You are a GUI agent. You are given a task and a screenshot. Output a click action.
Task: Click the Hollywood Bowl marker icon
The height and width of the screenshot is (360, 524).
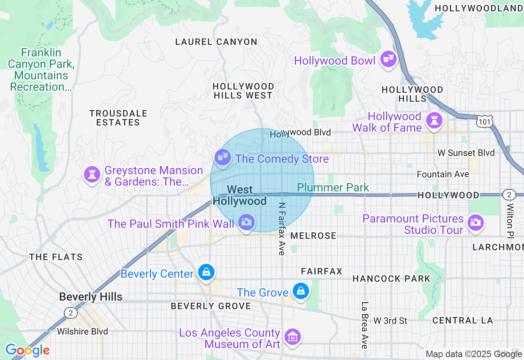[x=388, y=60]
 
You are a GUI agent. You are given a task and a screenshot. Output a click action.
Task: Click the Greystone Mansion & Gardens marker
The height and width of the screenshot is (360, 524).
[x=92, y=175]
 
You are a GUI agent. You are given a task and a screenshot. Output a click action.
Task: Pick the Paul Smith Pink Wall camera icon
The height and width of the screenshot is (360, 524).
[x=246, y=223]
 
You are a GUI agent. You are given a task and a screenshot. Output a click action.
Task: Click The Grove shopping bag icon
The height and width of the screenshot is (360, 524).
[x=301, y=292]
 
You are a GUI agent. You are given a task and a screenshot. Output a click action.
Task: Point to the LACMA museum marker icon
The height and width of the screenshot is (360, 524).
[x=293, y=337]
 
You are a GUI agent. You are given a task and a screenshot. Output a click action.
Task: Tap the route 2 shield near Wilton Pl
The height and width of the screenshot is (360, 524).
[x=509, y=195]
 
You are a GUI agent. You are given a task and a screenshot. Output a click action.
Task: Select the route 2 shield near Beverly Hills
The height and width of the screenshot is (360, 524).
[x=70, y=313]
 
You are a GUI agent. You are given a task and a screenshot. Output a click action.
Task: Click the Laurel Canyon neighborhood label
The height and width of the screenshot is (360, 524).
[x=216, y=42]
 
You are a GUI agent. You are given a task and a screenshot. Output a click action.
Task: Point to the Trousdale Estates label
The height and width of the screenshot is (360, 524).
[x=118, y=118]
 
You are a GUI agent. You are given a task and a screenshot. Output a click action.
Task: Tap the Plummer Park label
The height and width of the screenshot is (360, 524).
[x=333, y=188]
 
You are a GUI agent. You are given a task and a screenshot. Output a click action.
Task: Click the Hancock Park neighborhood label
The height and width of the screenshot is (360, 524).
[x=391, y=279]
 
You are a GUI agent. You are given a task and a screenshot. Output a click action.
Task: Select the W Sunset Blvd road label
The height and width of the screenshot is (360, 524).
[x=466, y=153]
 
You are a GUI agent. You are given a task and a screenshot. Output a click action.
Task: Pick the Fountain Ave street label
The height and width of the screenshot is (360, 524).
[x=443, y=174]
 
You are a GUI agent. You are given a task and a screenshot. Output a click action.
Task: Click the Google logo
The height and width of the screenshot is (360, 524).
[x=27, y=350]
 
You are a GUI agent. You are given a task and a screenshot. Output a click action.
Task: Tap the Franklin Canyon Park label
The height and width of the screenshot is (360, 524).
[x=41, y=70]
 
